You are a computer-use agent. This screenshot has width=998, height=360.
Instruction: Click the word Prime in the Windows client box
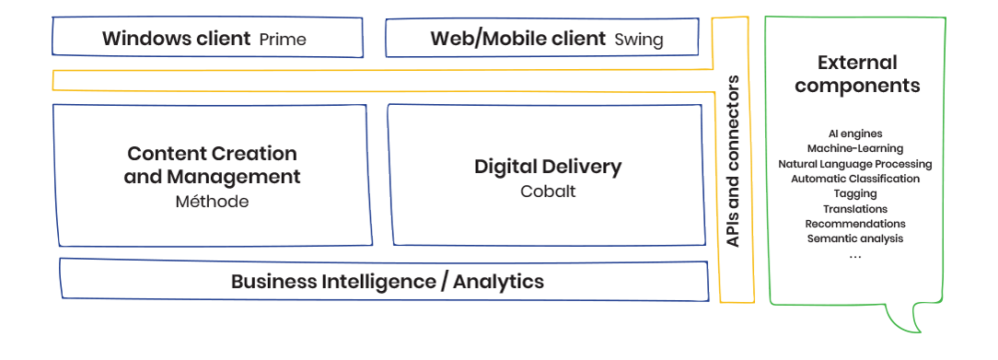283,40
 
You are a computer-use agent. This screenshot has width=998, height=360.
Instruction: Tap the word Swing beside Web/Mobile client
638,40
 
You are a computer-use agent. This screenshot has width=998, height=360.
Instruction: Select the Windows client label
176,39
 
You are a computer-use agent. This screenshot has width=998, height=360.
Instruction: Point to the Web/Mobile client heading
518,39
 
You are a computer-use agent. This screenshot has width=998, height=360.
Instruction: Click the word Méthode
212,202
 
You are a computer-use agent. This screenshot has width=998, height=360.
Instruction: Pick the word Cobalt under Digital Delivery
548,192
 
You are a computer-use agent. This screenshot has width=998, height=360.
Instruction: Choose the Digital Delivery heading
548,167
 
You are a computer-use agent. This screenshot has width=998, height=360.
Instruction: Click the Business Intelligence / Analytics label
387,281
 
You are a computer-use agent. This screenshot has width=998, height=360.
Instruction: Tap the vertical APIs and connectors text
733,162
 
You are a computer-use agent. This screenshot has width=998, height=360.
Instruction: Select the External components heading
857,75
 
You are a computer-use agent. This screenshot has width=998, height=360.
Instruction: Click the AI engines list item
855,134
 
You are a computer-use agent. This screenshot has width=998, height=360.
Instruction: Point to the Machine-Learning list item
855,148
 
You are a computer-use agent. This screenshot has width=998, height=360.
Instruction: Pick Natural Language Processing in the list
855,164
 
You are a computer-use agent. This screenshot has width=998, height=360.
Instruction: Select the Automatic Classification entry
855,179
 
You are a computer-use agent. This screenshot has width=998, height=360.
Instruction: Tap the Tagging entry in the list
855,193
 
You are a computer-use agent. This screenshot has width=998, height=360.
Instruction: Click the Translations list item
855,209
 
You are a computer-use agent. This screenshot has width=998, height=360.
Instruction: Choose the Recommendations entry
855,224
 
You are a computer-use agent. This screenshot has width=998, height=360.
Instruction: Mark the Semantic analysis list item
855,238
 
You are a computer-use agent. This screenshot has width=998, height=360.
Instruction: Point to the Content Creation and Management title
212,165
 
